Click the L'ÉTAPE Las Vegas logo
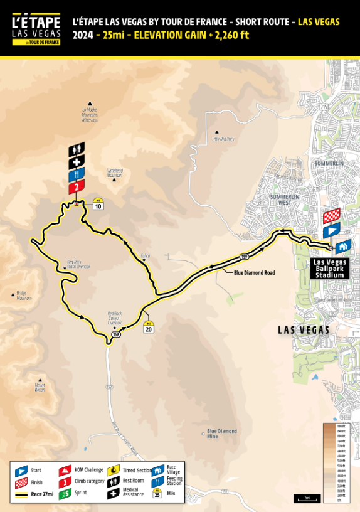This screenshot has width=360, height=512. (x=36, y=29)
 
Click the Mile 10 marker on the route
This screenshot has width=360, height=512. (x=98, y=205)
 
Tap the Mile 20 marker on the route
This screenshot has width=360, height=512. (x=148, y=328)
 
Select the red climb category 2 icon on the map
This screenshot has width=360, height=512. (x=77, y=187)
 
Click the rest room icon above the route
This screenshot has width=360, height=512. (x=77, y=149)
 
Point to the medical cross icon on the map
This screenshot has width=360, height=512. (x=77, y=162)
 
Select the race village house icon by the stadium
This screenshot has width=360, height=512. (x=343, y=247)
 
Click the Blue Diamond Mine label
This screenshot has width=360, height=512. (x=222, y=433)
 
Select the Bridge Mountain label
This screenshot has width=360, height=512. (x=24, y=297)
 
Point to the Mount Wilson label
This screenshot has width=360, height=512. (x=40, y=388)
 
